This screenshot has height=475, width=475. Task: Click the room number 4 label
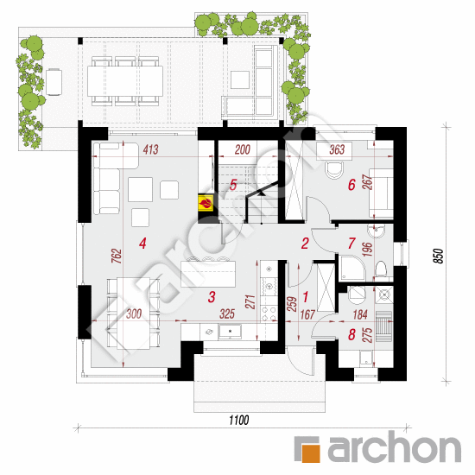click(143, 243)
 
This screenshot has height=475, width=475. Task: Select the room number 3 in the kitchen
click(212, 297)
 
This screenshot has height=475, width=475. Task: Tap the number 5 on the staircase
click(233, 184)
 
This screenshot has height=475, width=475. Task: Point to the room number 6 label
click(351, 184)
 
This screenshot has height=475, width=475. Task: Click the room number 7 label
click(351, 243)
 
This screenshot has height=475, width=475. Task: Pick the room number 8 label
click(351, 333)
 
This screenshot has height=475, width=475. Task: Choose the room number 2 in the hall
click(304, 243)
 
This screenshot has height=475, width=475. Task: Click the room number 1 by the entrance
click(304, 294)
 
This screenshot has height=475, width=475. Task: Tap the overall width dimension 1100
click(238, 421)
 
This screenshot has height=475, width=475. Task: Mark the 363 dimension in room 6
click(338, 150)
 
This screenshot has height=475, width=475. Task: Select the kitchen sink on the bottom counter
click(230, 332)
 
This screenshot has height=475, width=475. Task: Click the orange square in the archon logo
click(306, 449)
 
